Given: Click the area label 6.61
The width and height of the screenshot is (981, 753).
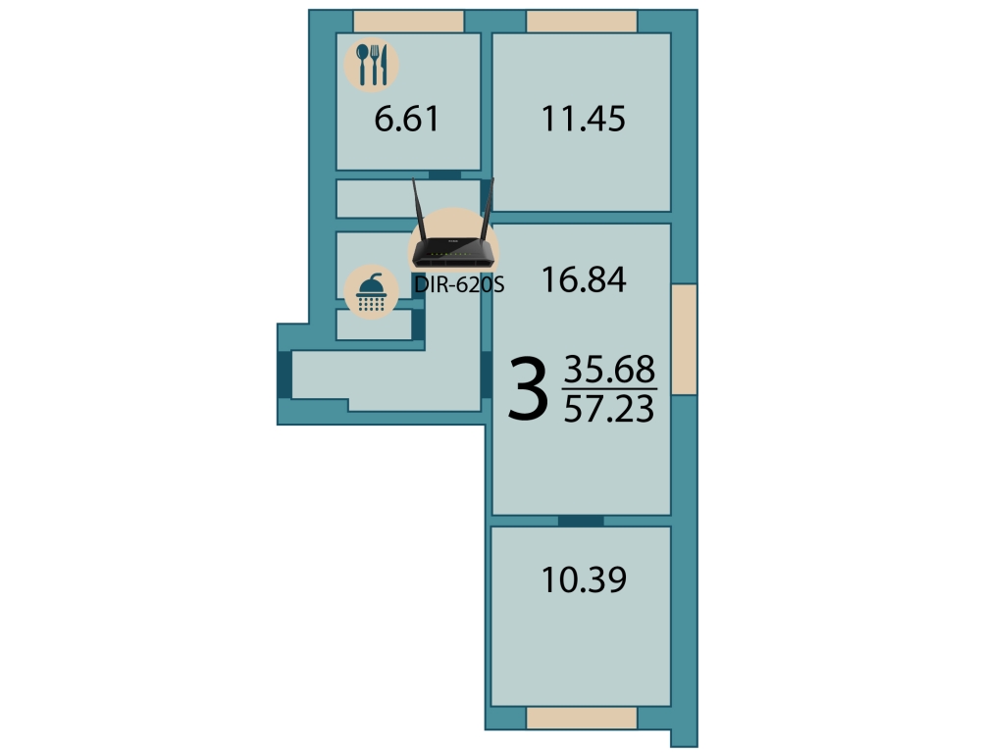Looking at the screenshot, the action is tap(407, 119).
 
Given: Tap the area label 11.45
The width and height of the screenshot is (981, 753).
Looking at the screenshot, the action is tap(583, 119).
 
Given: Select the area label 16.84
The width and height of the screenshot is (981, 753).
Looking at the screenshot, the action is tap(583, 279).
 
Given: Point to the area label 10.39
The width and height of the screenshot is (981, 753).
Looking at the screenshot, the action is tap(583, 579).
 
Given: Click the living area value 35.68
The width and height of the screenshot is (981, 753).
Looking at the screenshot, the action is tap(609, 369).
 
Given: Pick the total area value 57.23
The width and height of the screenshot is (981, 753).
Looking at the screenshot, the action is tap(609, 409).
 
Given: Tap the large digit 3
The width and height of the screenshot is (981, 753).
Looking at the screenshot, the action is tap(528, 388).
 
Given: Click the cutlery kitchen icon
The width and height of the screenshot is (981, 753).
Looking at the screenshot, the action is tap(372, 65).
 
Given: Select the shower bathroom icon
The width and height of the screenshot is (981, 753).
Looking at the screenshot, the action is tap(372, 292).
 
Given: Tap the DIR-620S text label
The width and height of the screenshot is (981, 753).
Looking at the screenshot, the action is tap(458, 285).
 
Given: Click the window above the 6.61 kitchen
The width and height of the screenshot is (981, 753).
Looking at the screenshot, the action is tap(408, 22).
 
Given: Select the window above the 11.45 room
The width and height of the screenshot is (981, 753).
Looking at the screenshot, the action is tap(582, 22).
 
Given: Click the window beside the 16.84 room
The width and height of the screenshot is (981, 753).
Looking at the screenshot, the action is tap(685, 339).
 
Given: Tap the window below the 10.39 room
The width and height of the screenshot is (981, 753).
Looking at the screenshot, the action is tap(582, 718).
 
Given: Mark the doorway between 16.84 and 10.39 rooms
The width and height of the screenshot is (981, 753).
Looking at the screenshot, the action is tap(581, 521).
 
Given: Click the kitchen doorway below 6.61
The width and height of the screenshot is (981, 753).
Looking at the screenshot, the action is tap(444, 176).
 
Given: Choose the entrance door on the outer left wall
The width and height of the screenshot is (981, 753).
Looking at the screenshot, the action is tap(284, 375).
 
